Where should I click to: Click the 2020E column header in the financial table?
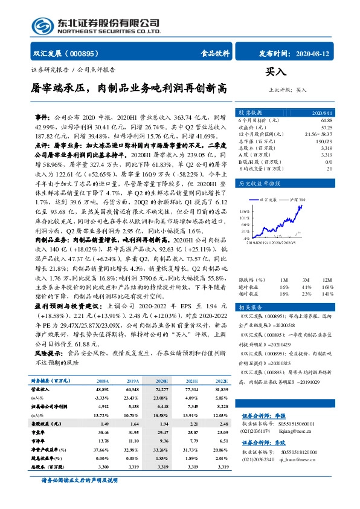[162, 381]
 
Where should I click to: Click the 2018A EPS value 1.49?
[103, 424]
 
